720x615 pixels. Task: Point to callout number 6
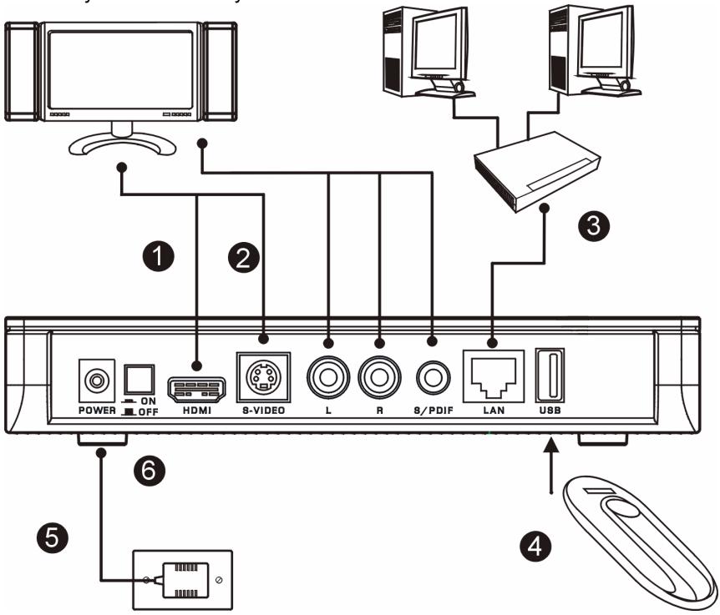point(150,472)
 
